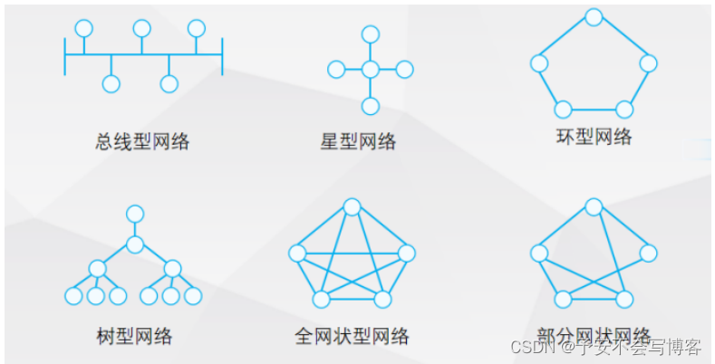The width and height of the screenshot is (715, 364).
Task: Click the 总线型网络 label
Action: coord(142,141)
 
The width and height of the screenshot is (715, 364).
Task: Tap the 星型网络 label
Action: coord(358,141)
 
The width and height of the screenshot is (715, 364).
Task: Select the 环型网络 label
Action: coord(594,137)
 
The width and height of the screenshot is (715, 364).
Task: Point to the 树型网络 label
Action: coord(133,337)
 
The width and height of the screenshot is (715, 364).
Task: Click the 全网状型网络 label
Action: coord(352,337)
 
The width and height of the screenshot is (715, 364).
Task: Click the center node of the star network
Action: coord(370,70)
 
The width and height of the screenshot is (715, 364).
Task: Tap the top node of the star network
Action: coord(370,34)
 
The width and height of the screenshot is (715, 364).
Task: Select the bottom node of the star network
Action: coord(370,106)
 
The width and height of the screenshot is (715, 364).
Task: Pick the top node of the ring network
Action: coord(594,16)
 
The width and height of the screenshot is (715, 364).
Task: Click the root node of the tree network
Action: coord(135,214)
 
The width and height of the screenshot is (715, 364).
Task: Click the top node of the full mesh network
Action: coord(351,206)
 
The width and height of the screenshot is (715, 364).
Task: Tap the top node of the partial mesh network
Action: coord(594,206)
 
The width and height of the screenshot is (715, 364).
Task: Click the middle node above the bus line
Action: coord(141,28)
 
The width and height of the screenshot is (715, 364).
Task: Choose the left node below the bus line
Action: coord(111,84)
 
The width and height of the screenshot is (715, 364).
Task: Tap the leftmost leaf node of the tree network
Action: coord(74,296)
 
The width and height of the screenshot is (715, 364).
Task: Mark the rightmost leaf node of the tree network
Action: coord(193,296)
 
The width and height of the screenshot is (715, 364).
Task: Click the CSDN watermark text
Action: coord(530,347)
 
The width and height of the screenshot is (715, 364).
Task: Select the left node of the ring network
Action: coord(539,63)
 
